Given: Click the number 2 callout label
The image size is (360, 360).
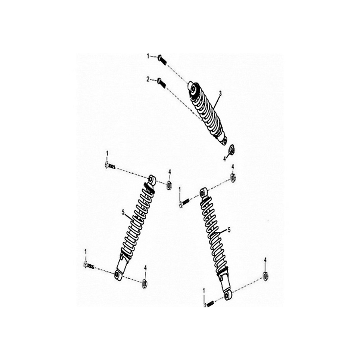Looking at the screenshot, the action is [x=148, y=80].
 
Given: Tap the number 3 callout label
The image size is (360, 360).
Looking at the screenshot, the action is [x=220, y=93].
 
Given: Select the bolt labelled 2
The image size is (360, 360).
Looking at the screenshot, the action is [x=162, y=82].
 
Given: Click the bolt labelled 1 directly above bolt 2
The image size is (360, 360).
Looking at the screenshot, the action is [x=162, y=59].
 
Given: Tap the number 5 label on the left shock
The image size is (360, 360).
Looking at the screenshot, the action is [x=123, y=212].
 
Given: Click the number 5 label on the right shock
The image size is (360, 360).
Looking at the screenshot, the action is [x=229, y=230].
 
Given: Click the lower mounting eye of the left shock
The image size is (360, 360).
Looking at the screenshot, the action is [x=117, y=275].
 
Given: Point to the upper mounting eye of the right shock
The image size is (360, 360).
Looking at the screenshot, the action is [x=204, y=193].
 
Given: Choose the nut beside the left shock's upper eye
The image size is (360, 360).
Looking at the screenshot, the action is [x=170, y=184].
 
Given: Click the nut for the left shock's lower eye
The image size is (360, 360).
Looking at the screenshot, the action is [x=144, y=283].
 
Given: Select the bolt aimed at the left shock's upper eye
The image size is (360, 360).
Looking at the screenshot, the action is [x=110, y=166].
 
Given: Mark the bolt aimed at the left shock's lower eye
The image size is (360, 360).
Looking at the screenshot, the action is [x=89, y=266].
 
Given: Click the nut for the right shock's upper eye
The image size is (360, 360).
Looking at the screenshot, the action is [x=233, y=176].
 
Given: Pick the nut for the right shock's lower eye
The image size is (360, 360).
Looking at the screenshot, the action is [x=265, y=276].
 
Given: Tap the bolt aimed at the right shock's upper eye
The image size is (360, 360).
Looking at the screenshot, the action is [x=184, y=202].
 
